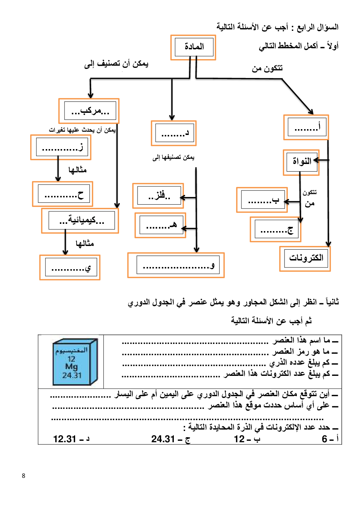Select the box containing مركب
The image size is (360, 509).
tap(89, 111)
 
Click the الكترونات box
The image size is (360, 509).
tap(305, 258)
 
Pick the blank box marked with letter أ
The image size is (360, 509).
tap(306, 127)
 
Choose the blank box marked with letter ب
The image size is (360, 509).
tap(262, 200)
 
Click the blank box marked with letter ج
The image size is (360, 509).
tap(275, 230)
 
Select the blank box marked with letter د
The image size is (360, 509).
tap(174, 133)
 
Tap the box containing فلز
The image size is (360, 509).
tap(159, 196)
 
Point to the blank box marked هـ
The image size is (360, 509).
tap(160, 226)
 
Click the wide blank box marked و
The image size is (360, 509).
tap(176, 265)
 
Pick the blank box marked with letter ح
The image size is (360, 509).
tap(62, 194)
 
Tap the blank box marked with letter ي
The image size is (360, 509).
tap(70, 268)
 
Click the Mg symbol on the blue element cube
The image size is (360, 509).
tap(71, 366)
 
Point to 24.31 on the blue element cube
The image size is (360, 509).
tap(72, 375)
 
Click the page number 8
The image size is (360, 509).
tap(24, 476)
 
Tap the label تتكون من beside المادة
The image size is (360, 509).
tap(267, 68)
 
